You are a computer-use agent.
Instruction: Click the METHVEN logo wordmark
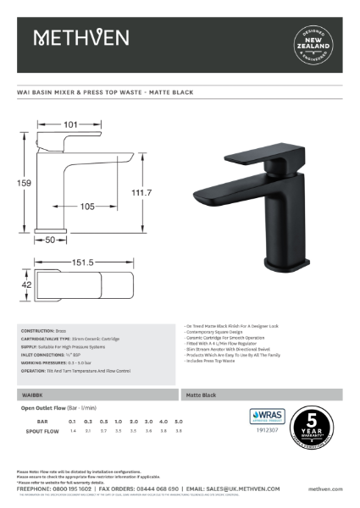pyautogui.click(x=80, y=37)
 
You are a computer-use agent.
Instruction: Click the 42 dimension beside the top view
pyautogui.click(x=25, y=286)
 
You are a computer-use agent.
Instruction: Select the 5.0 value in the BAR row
pyautogui.click(x=178, y=421)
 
